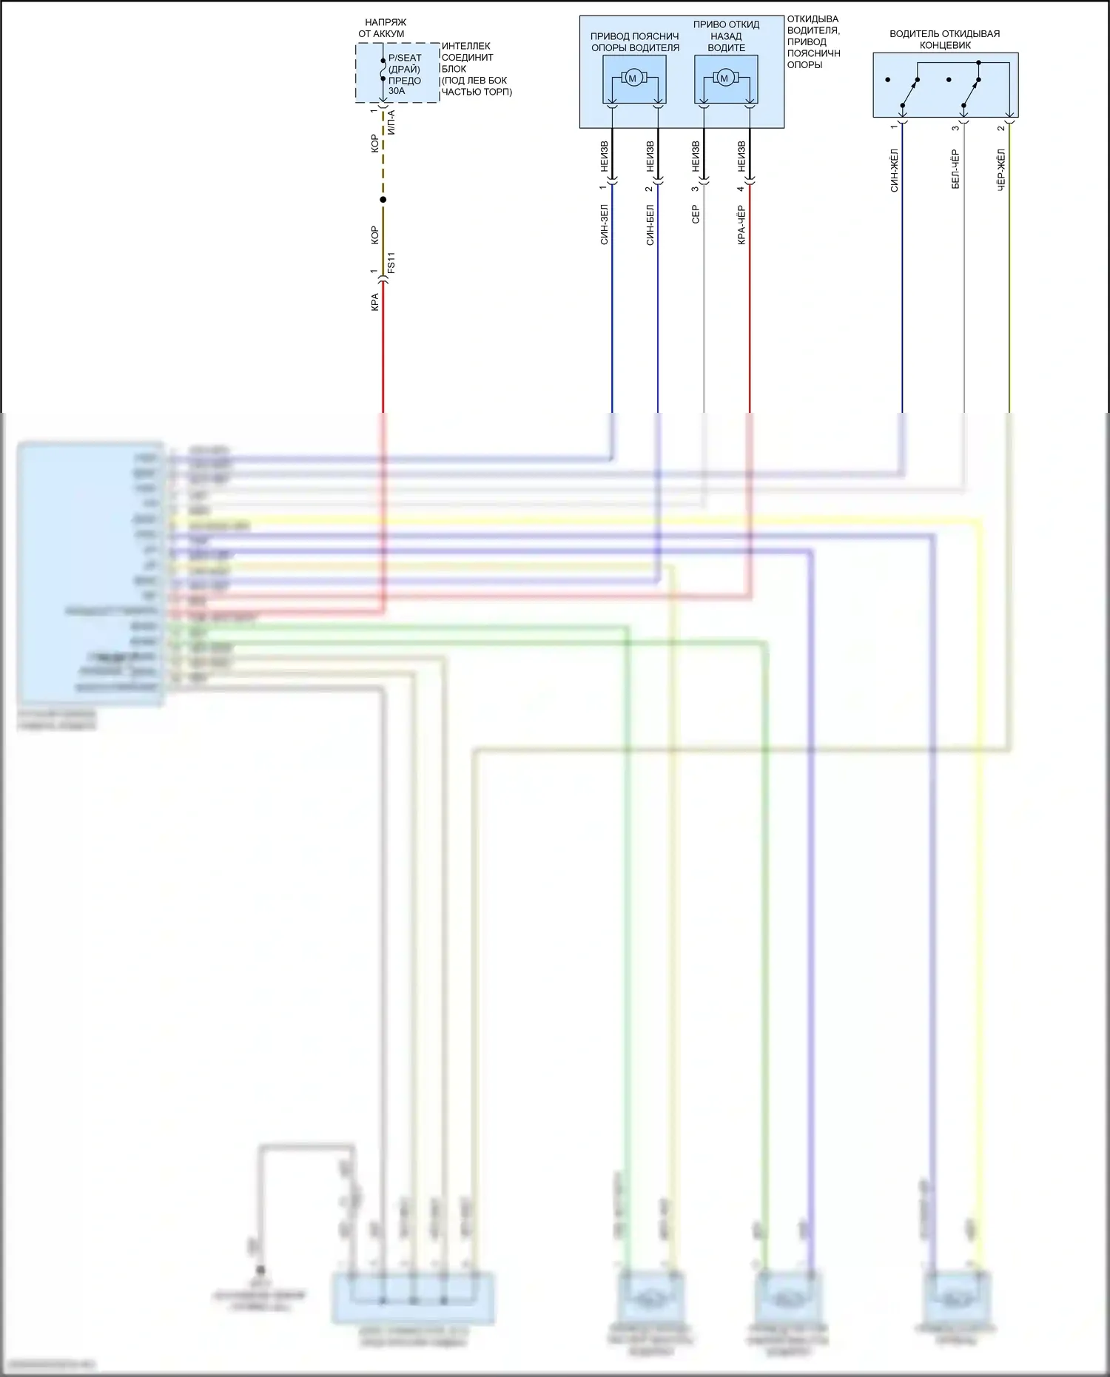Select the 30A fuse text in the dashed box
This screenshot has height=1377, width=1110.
397,91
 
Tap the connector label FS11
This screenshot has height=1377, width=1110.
391,263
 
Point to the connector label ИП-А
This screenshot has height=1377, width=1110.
391,122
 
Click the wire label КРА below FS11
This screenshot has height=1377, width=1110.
374,302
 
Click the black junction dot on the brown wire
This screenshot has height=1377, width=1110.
383,200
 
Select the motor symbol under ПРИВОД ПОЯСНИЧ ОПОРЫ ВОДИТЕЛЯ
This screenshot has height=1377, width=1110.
633,78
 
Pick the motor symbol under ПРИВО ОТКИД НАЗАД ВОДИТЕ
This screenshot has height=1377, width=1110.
724,78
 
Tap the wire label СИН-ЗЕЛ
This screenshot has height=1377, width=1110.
604,225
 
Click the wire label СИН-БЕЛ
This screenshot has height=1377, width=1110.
650,225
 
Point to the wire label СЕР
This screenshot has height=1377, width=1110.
695,215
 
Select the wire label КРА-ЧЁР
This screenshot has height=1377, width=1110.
741,225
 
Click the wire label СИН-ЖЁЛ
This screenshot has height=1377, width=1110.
894,171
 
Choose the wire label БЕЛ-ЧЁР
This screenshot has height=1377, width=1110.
955,169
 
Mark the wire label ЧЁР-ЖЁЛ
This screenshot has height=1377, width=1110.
1001,171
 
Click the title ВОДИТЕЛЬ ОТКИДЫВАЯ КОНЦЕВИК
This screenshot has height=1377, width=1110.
945,39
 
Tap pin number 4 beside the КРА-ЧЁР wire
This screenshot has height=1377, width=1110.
740,189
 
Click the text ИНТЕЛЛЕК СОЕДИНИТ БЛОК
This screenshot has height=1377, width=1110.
467,57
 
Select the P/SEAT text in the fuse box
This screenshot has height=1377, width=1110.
405,58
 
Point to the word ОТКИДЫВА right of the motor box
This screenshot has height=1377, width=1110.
813,19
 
